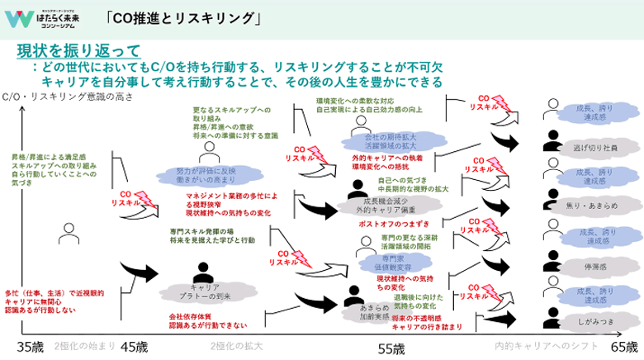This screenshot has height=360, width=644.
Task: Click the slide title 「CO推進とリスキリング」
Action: pos(183,17)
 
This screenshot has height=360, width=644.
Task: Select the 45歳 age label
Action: pos(135,348)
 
